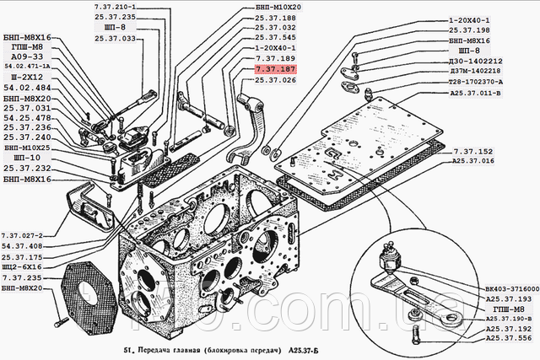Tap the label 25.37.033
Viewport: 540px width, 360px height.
tap(114, 38)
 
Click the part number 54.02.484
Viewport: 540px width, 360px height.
tap(28, 89)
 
